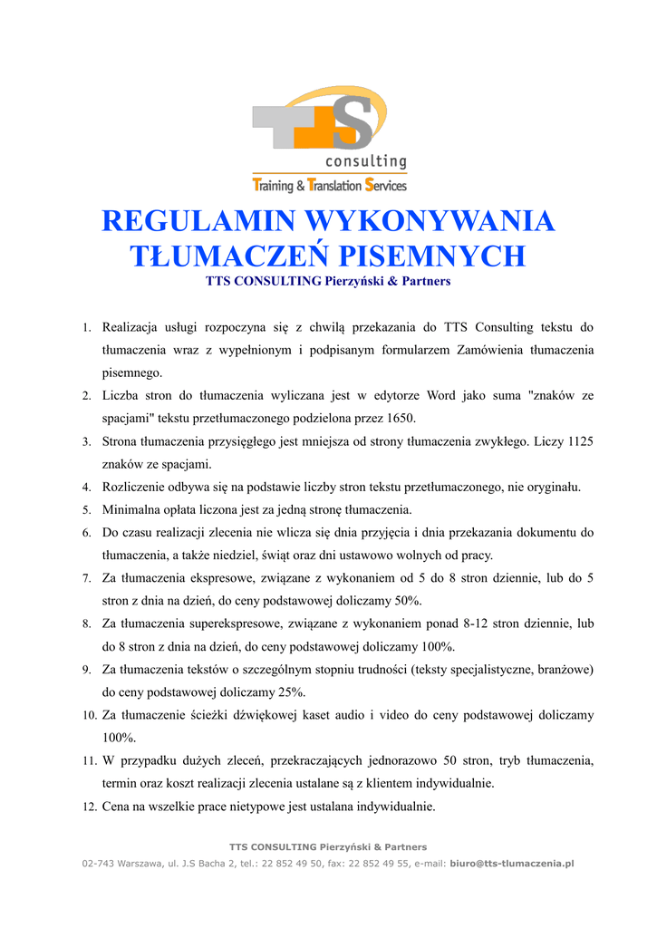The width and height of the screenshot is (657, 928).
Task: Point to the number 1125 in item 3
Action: pyautogui.click(x=579, y=441)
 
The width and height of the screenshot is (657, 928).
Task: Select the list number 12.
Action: pyautogui.click(x=89, y=807)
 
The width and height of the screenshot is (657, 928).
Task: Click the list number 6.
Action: pyautogui.click(x=86, y=533)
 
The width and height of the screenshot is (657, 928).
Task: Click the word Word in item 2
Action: pyautogui.click(x=441, y=395)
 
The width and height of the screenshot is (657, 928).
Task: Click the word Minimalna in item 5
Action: pyautogui.click(x=132, y=509)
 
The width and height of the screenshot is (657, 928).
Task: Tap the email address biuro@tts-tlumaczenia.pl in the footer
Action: pyautogui.click(x=512, y=864)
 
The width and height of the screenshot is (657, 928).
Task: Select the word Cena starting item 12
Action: pyautogui.click(x=116, y=806)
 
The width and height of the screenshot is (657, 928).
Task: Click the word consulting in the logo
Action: pyautogui.click(x=366, y=161)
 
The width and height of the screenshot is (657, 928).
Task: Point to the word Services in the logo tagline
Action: pyautogui.click(x=386, y=186)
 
